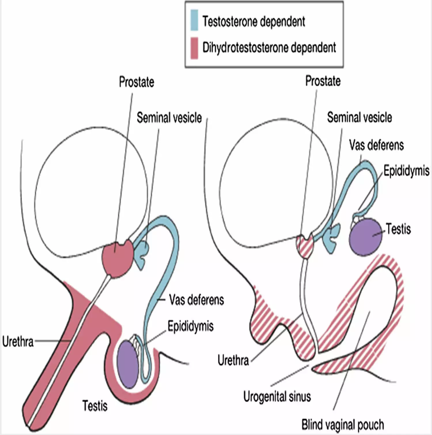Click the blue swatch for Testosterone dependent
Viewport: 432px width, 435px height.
pos(194,20)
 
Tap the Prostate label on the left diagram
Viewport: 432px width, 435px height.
pos(137,82)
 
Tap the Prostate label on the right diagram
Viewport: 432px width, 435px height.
pos(323,81)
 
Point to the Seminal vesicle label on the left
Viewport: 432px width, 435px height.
pos(169,118)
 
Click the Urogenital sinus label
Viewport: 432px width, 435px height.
pos(277,397)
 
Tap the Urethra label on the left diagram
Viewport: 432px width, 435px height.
pos(18,342)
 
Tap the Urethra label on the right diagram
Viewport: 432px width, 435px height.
pos(233,360)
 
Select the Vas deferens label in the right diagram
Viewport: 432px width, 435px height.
pos(376,145)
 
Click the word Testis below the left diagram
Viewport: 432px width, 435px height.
pos(95,406)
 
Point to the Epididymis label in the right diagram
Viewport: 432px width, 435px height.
pos(406,171)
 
